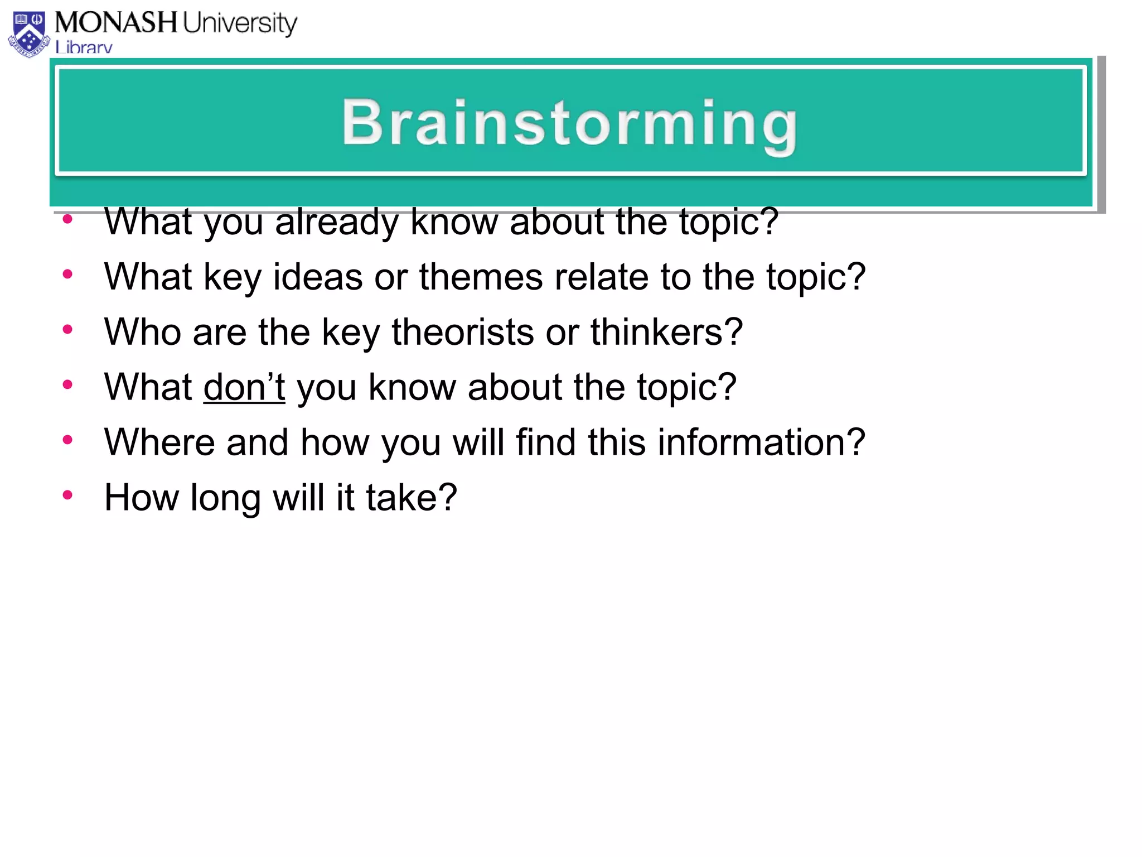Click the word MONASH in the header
[x=115, y=23]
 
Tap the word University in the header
[x=240, y=23]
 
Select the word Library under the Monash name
[x=84, y=47]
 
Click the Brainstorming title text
[x=569, y=123]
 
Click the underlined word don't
[x=244, y=387]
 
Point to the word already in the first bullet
[x=336, y=222]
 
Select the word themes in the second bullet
[x=481, y=277]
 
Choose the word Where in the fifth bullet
[x=159, y=442]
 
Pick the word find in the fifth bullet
[x=545, y=442]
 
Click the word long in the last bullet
[x=225, y=498]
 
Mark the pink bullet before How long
[x=67, y=494]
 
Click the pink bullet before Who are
[x=67, y=329]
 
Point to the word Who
[x=143, y=332]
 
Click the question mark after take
[x=447, y=497]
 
